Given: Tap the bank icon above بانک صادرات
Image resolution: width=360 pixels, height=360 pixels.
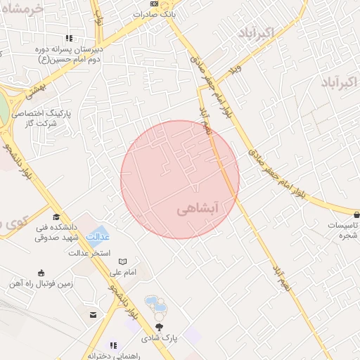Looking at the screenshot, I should click(x=154, y=4).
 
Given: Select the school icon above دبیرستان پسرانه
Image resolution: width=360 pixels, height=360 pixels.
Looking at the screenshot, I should click(x=68, y=39).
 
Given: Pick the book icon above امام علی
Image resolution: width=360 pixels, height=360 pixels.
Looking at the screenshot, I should click(x=122, y=262).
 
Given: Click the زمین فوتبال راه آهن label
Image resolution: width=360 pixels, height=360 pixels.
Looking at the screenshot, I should click(x=41, y=283).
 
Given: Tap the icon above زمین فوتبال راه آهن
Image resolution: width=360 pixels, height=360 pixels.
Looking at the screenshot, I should click(x=41, y=273).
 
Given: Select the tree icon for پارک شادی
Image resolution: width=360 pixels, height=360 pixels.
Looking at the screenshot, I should click(x=159, y=327).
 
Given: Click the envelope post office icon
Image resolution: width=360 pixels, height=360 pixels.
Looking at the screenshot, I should click(x=93, y=314).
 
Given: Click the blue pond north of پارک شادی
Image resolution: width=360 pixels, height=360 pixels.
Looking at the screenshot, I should click(x=156, y=304).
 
